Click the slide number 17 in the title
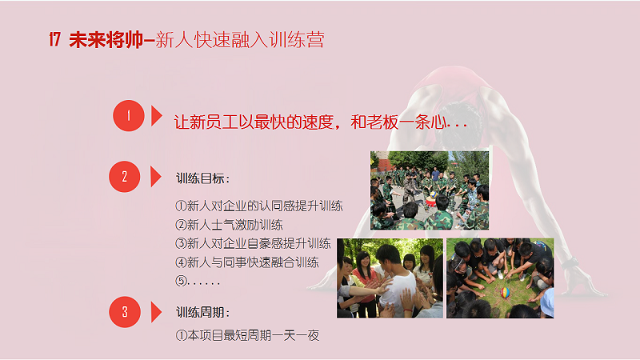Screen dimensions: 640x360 54,39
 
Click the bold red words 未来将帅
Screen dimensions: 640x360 106,40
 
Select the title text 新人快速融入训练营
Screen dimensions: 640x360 240,40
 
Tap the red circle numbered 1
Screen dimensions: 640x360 129,115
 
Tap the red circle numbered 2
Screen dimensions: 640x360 125,177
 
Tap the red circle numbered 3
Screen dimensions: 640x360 125,312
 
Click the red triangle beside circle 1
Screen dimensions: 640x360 156,115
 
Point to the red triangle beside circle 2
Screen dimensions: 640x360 155,177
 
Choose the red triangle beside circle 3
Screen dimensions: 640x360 155,312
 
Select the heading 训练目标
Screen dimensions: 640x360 203,178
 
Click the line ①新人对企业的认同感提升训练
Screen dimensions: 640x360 259,206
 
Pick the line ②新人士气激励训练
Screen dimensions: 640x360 229,225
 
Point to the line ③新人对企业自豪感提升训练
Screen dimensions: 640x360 253,243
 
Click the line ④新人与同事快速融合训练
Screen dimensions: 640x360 247,262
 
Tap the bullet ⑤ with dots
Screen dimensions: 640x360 198,281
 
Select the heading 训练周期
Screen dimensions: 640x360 203,312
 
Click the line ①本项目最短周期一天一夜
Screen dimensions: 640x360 247,335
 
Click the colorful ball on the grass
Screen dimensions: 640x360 506,292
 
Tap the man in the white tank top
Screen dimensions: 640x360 393,282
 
